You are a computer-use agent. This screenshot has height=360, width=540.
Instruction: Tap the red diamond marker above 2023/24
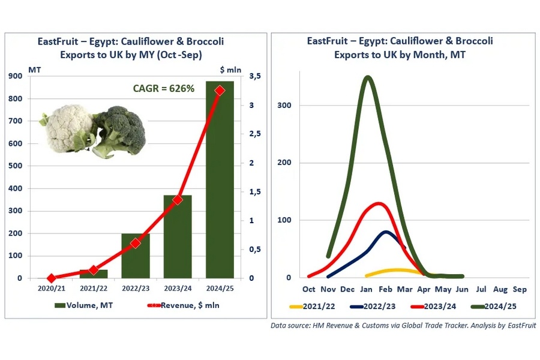[178, 200]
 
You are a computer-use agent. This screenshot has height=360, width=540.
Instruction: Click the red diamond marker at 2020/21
[52, 278]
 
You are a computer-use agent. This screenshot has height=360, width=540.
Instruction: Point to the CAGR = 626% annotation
[163, 89]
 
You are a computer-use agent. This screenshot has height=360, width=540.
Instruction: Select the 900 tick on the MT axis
[16, 76]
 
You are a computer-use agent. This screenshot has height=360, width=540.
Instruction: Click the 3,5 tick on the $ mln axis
[254, 76]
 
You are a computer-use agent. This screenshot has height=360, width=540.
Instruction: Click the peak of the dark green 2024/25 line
[368, 77]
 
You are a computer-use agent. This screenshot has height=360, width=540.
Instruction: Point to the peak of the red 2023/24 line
[377, 204]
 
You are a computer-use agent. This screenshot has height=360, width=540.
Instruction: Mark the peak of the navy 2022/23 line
[386, 232]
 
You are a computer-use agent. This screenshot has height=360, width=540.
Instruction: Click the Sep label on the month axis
[520, 289]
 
